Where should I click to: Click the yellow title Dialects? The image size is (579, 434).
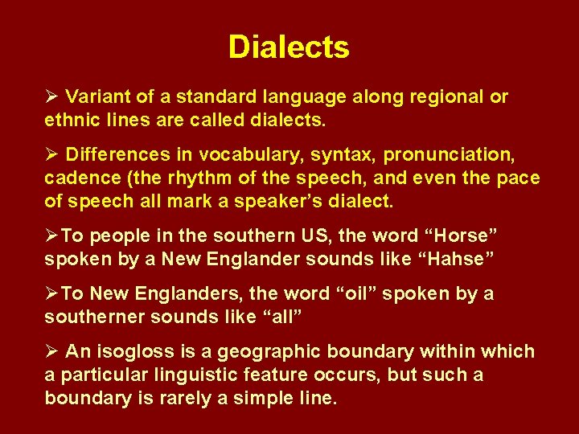[x=289, y=47]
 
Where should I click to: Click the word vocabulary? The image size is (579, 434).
[x=234, y=154]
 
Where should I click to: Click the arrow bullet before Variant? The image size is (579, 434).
[x=51, y=97]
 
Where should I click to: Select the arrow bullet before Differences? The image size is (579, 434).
[x=51, y=154]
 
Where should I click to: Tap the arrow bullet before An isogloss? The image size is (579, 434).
[x=51, y=352]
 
